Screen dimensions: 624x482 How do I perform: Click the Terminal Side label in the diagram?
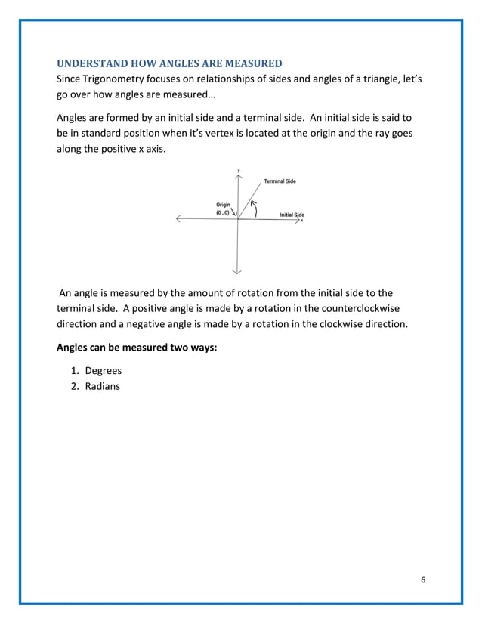click(x=280, y=181)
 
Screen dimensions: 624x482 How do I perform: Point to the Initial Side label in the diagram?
click(x=292, y=215)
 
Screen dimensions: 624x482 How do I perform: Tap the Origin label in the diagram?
click(x=223, y=205)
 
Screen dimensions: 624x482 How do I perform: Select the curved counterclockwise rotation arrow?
click(x=255, y=207)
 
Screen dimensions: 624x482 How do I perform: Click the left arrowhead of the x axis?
click(x=178, y=219)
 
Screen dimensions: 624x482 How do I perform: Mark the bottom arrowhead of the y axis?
click(x=238, y=270)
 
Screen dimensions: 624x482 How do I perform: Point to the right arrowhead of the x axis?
click(x=297, y=219)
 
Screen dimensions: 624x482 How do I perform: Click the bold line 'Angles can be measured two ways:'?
click(x=137, y=348)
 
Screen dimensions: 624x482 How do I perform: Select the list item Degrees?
click(x=103, y=371)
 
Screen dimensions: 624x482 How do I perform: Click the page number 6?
click(x=423, y=579)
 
